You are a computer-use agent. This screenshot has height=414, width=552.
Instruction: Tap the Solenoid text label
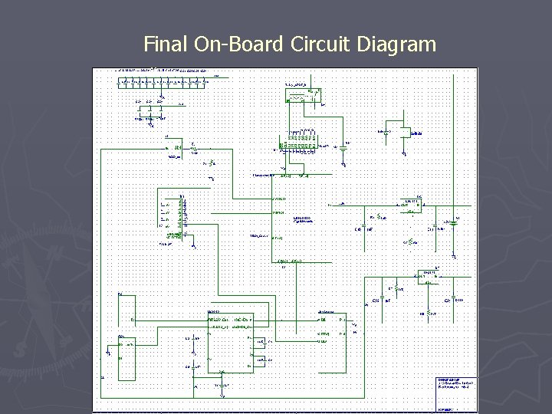416,133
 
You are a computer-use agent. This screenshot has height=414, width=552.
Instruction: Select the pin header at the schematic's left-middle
182,215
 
